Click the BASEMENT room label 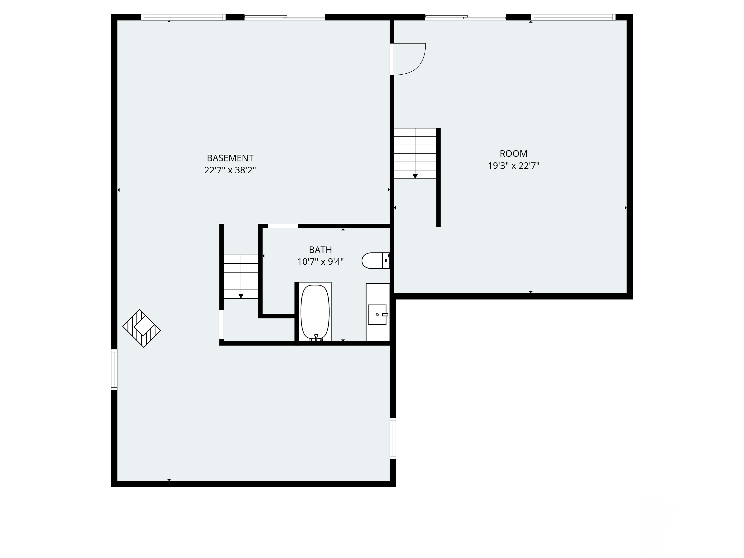(x=230, y=158)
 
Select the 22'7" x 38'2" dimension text (x=230, y=170)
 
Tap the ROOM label (x=513, y=154)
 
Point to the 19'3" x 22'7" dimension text (x=513, y=166)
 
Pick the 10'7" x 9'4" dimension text (x=320, y=262)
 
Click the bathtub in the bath (x=315, y=311)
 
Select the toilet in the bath (x=375, y=261)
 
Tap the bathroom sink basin (x=377, y=315)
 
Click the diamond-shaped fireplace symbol (x=142, y=328)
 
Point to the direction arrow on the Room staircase (x=415, y=176)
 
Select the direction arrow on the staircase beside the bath (x=241, y=296)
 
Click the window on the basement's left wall (x=114, y=370)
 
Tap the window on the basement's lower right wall (x=393, y=438)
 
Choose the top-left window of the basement (x=183, y=17)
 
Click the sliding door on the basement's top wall (x=284, y=17)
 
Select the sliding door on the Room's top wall (x=465, y=17)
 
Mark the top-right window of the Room (x=573, y=17)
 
